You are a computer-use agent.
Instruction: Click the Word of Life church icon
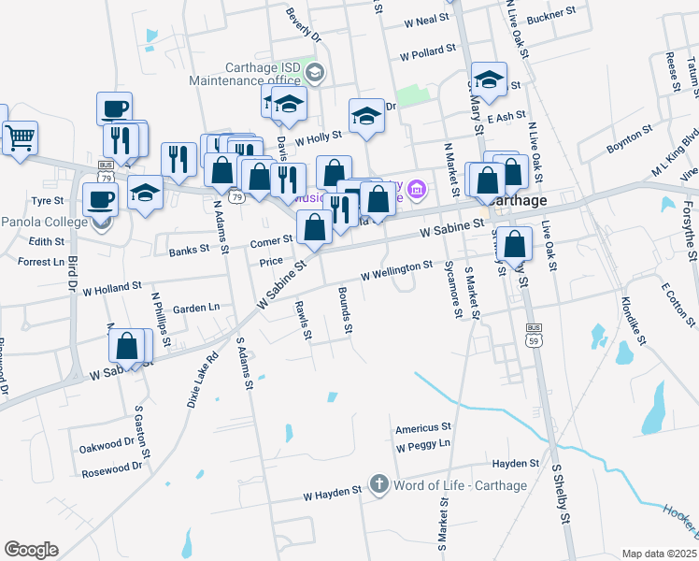[x=378, y=484]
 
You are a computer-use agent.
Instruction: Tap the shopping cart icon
[x=19, y=139]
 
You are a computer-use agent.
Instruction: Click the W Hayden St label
[x=332, y=492]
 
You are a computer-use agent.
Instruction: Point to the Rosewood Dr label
[x=110, y=465]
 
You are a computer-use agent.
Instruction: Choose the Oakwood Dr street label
[x=108, y=447]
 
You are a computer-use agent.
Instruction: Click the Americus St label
[x=417, y=428]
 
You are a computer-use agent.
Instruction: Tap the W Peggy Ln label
[x=423, y=445]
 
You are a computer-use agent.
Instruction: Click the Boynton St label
[x=627, y=148]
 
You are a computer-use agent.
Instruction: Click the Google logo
[x=31, y=550]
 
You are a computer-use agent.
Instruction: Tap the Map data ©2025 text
[x=659, y=554]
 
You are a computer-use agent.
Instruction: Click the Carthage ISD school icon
[x=315, y=72]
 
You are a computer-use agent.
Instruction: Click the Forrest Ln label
[x=41, y=262]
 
